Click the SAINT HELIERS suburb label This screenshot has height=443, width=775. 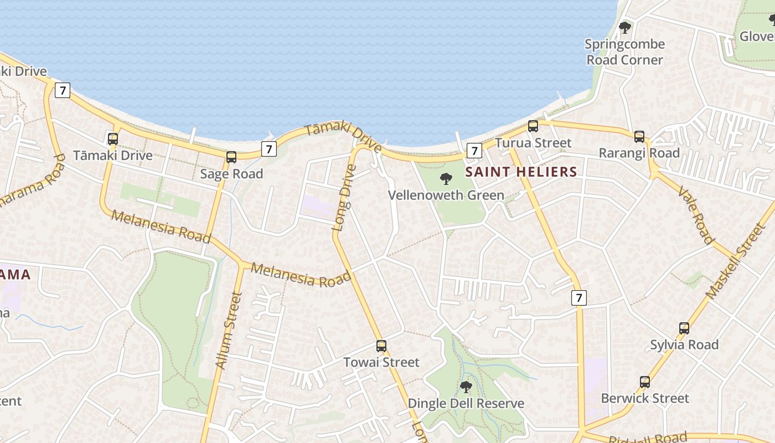pos(521,172)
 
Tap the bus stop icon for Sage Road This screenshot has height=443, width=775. pos(231,157)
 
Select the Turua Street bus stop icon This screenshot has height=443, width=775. pos(533,126)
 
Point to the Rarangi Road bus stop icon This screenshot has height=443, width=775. pos(639,136)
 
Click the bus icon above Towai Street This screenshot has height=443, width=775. pos(381,346)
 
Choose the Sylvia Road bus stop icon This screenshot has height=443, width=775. pos(684,328)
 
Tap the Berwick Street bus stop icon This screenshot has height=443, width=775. pos(645,382)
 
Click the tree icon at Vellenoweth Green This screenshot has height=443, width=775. pos(446,179)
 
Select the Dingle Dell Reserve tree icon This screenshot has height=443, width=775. pos(466,387)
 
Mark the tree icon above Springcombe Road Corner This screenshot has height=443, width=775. pos(625,27)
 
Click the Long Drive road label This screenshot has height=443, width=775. pos(344,197)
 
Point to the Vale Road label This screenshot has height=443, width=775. pos(695,215)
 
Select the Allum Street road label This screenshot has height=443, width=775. pos(229,331)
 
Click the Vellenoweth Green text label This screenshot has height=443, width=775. pos(446,195)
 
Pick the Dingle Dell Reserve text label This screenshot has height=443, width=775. pos(466,403)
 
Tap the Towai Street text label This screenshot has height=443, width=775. pos(381,362)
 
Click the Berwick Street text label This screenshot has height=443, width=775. pos(645,398)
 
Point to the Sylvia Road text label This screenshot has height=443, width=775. pos(684,344)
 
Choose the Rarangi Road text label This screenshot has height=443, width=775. pos(639,153)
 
